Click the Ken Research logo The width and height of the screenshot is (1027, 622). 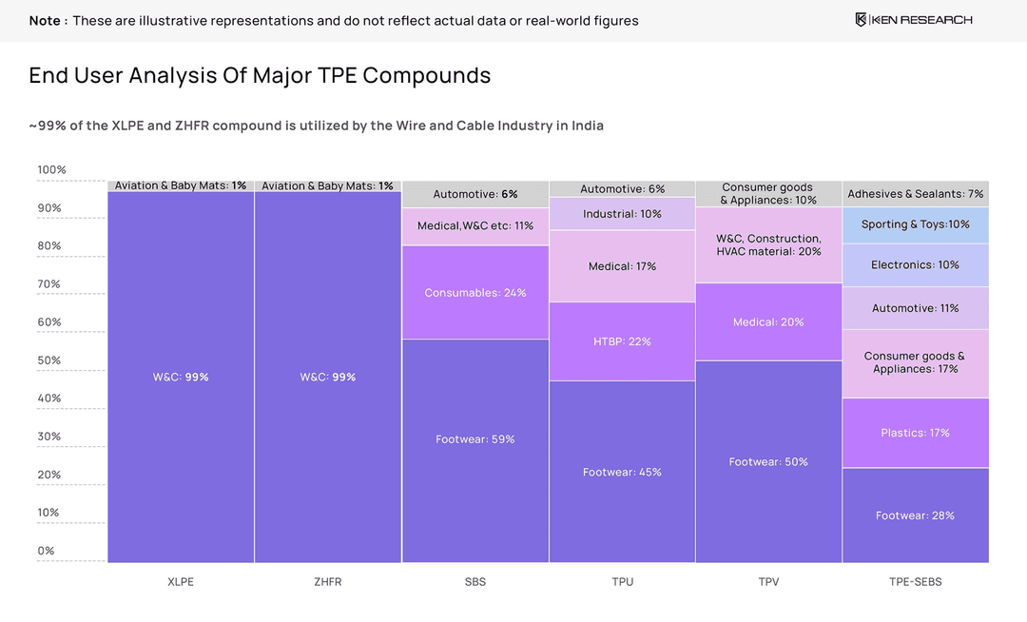[913, 20]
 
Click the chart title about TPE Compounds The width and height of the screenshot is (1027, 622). [260, 76]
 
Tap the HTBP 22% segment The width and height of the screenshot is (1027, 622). [622, 341]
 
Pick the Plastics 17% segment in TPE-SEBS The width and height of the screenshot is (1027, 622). [915, 433]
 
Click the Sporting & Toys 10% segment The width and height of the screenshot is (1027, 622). [915, 224]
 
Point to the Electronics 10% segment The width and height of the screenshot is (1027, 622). [915, 265]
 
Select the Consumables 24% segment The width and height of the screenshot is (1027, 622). [475, 293]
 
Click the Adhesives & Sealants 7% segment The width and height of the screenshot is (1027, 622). [915, 194]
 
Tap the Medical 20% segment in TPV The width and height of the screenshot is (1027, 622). [768, 322]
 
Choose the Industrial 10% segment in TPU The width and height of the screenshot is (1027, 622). [622, 214]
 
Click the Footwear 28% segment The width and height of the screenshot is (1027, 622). [915, 515]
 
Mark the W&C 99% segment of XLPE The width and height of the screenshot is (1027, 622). [181, 377]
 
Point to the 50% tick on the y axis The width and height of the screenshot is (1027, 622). [50, 360]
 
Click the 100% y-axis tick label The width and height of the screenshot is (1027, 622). [51, 170]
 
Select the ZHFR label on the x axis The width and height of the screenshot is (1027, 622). [327, 581]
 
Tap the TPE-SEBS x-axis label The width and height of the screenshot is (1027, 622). [915, 581]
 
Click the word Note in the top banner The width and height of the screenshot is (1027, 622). [45, 20]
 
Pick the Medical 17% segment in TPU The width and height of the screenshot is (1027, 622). [622, 266]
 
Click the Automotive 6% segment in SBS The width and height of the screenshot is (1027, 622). [475, 194]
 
